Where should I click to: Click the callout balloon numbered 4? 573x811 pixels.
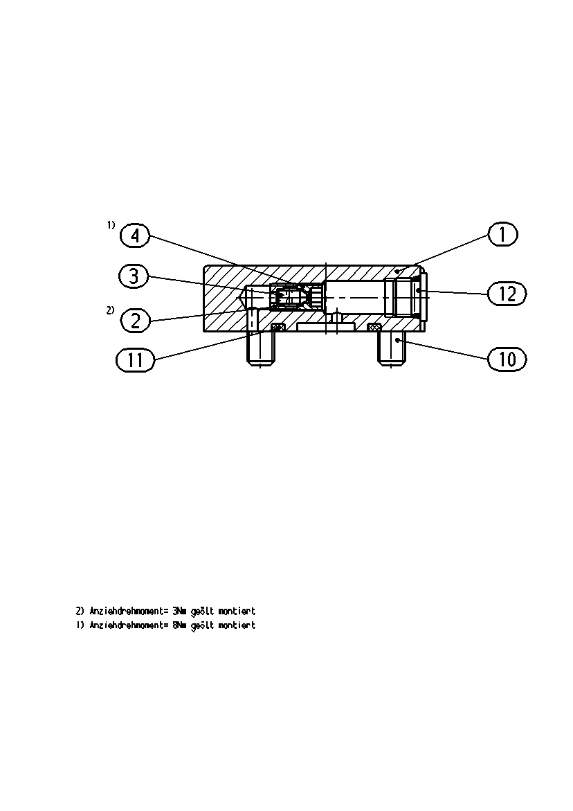(135, 236)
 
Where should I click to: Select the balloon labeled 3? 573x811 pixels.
(134, 276)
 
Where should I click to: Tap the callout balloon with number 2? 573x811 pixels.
(136, 321)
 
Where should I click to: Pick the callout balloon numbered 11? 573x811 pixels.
(136, 359)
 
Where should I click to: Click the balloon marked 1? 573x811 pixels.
(502, 234)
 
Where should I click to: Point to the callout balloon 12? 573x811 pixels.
(507, 294)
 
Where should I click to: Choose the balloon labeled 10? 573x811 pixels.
(507, 359)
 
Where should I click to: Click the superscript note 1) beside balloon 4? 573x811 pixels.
(111, 224)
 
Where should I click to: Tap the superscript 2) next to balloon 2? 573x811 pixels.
(110, 310)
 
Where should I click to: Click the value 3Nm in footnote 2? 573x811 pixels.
(179, 611)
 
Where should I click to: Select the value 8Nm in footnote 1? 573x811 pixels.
(179, 625)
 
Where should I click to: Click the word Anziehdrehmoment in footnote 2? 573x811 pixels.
(129, 611)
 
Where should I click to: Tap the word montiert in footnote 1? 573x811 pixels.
(237, 625)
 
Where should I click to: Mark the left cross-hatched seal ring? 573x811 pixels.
(278, 326)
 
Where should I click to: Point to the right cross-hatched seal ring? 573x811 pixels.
(374, 327)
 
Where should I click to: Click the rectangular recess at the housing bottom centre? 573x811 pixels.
(325, 328)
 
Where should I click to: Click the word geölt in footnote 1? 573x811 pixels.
(202, 625)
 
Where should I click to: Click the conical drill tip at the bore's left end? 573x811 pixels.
(242, 298)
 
